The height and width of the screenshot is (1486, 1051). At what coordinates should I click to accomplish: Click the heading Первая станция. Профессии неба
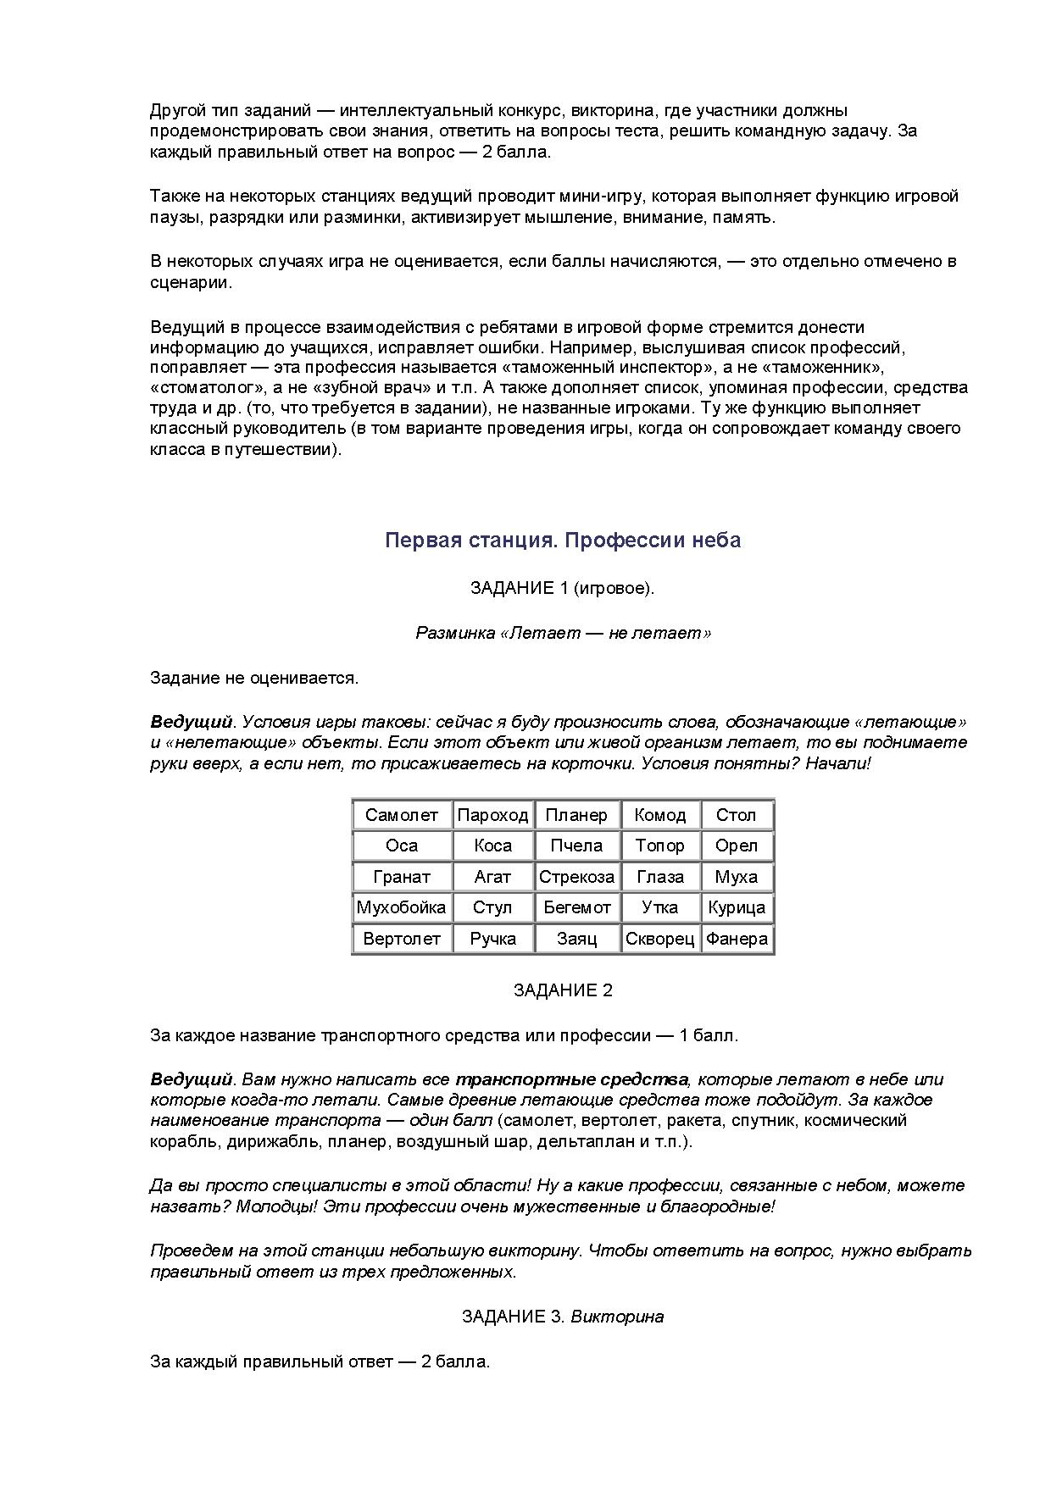click(x=563, y=541)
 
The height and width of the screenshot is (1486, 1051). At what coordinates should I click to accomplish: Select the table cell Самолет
click(x=402, y=815)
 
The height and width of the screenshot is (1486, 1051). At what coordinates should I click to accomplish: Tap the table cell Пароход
click(x=492, y=815)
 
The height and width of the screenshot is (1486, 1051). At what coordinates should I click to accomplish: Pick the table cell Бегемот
click(x=576, y=907)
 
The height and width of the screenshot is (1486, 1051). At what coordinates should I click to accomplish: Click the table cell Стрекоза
click(x=576, y=877)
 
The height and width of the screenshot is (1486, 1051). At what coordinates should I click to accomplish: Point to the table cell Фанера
click(x=737, y=939)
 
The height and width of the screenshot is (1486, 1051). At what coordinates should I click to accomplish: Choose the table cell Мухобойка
click(x=401, y=907)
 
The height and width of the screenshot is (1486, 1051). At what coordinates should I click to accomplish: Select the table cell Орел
click(x=736, y=846)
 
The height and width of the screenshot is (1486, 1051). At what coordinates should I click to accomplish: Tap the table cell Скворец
click(x=659, y=939)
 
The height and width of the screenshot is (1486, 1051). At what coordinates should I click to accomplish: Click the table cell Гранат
click(x=402, y=877)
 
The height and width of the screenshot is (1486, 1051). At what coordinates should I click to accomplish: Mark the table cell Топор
click(x=659, y=846)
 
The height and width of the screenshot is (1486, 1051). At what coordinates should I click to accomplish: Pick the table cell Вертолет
click(x=402, y=939)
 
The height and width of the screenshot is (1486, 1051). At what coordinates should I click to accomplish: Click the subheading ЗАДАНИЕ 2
click(x=563, y=990)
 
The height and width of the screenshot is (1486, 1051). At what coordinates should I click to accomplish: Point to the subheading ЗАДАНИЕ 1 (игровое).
click(x=563, y=588)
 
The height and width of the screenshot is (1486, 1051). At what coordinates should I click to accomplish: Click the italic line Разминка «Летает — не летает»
click(x=563, y=633)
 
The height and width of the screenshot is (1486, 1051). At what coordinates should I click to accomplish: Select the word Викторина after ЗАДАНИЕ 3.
click(x=617, y=1317)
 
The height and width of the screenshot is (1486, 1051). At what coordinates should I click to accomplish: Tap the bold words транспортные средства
click(x=571, y=1079)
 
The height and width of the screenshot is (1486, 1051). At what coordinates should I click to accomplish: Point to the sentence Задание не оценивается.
click(x=254, y=678)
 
